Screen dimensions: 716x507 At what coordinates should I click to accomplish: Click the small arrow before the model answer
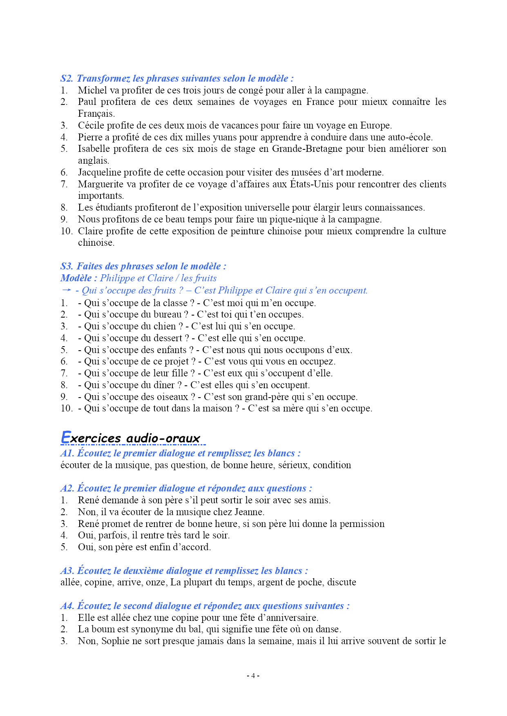pyautogui.click(x=66, y=290)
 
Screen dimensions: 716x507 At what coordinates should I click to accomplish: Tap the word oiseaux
pyautogui.click(x=171, y=397)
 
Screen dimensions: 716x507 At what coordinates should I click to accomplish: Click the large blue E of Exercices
pyautogui.click(x=65, y=437)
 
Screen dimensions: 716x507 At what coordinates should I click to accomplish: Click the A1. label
pyautogui.click(x=67, y=453)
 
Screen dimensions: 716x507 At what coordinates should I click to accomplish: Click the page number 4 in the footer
pyautogui.click(x=253, y=676)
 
